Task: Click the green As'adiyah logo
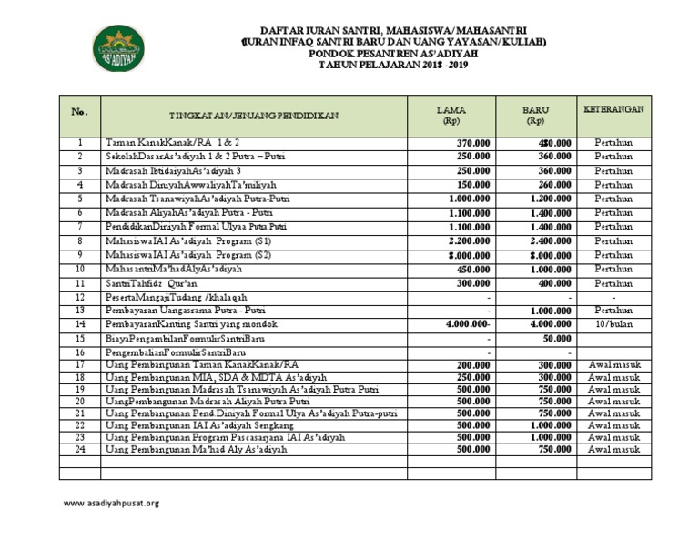117,47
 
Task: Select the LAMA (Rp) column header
451,116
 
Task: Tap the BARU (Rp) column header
534,116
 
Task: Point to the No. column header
79,112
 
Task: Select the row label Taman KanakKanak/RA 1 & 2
173,143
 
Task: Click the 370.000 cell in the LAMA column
473,143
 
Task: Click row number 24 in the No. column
79,449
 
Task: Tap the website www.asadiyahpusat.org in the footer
111,503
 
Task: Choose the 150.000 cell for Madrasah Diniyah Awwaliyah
473,185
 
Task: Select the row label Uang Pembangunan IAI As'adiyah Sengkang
205,424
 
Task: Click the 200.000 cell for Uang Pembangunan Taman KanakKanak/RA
473,364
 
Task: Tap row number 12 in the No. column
79,297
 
